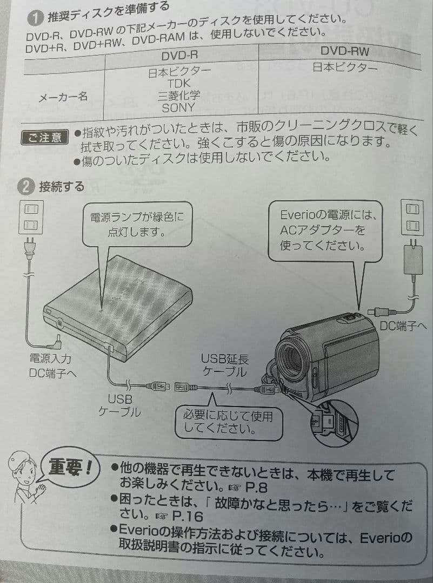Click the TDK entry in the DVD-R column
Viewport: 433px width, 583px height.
pyautogui.click(x=179, y=83)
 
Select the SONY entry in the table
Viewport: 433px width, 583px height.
pyautogui.click(x=178, y=108)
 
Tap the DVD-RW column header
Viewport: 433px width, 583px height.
pyautogui.click(x=344, y=51)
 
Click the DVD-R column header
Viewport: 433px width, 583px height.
pyautogui.click(x=179, y=56)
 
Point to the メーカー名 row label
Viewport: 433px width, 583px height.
pyautogui.click(x=63, y=97)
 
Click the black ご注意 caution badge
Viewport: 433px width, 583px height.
pyautogui.click(x=45, y=138)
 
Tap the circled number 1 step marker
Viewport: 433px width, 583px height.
pyautogui.click(x=35, y=18)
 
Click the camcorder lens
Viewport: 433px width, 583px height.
pyautogui.click(x=291, y=360)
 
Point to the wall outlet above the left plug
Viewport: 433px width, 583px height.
pyautogui.click(x=31, y=217)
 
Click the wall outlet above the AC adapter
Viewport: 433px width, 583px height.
pyautogui.click(x=412, y=217)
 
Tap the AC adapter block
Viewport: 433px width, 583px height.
pyautogui.click(x=413, y=260)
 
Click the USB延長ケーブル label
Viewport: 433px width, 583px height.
pyautogui.click(x=225, y=365)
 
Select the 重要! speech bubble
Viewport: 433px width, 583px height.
pyautogui.click(x=69, y=468)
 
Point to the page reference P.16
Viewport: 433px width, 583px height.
pyautogui.click(x=188, y=517)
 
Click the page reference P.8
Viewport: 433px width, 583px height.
pyautogui.click(x=257, y=487)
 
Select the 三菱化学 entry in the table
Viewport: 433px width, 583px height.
pyautogui.click(x=179, y=96)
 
